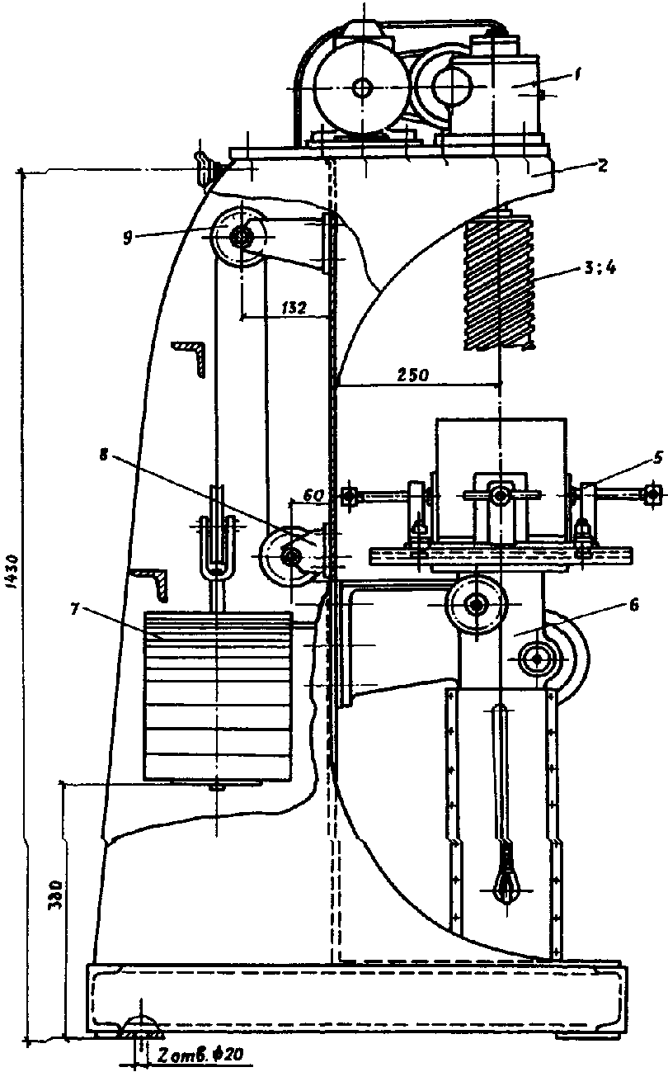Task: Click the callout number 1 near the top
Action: [577, 75]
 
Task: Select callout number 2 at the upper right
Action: [602, 166]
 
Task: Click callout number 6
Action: [633, 606]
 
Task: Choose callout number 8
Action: [102, 455]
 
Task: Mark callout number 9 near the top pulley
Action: [127, 238]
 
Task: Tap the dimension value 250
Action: [412, 374]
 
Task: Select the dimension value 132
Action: [293, 307]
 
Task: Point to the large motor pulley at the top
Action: [362, 87]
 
